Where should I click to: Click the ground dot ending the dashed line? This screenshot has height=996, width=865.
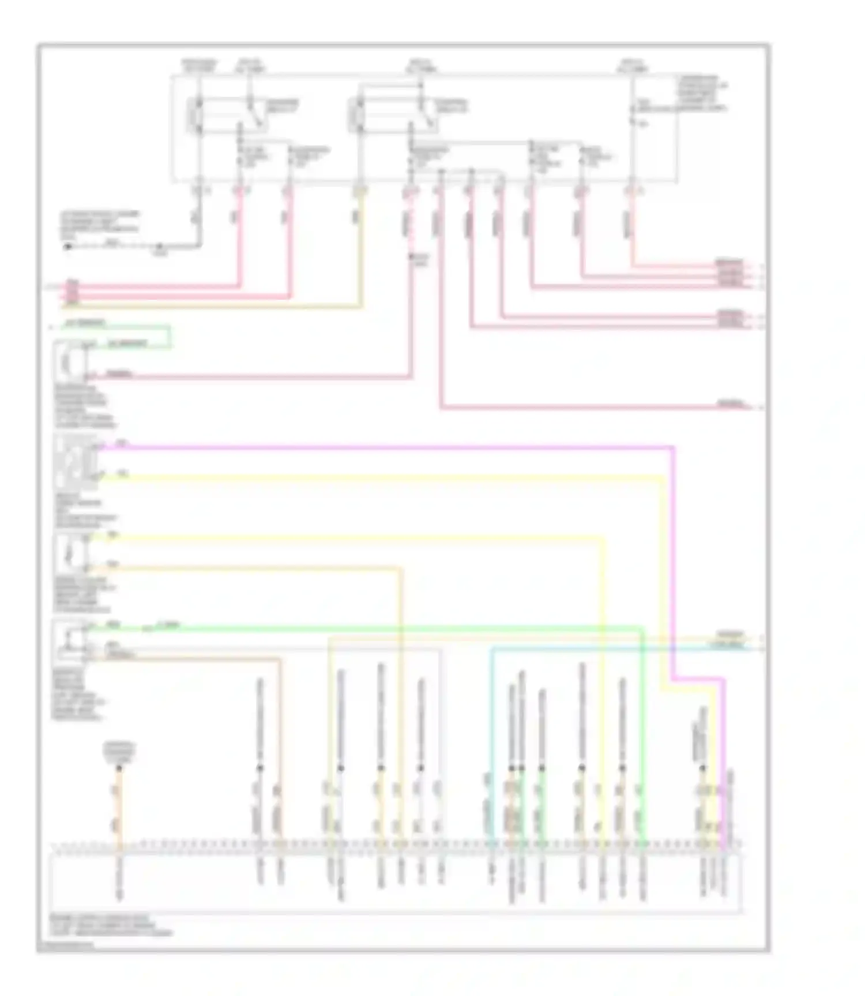click(x=68, y=246)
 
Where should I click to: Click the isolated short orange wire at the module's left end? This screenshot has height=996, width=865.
click(x=118, y=807)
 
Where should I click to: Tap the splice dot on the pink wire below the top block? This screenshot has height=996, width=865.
click(x=412, y=256)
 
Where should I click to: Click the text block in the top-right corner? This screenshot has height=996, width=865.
click(x=701, y=92)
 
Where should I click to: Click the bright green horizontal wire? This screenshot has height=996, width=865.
click(x=404, y=627)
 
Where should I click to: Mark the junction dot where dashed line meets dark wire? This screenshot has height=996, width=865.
click(x=160, y=246)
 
